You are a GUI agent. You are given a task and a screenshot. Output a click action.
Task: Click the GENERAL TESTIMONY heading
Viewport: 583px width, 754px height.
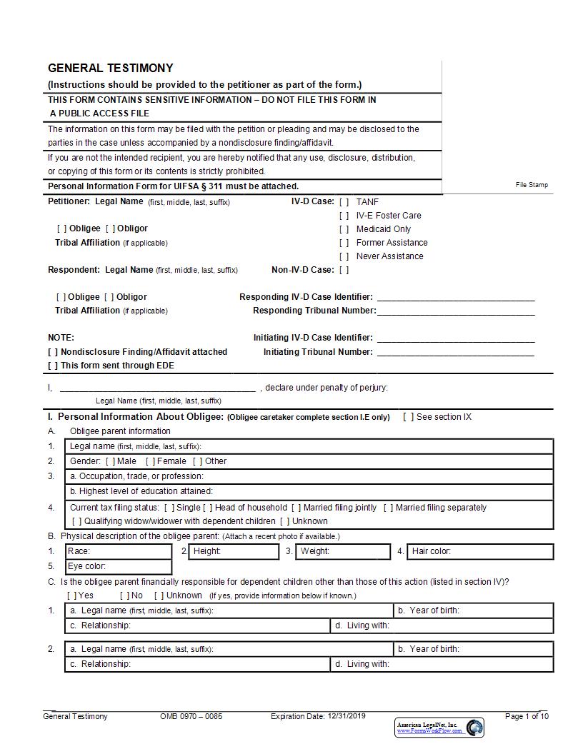click(x=110, y=69)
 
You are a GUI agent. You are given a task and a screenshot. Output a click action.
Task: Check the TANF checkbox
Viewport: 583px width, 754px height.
click(x=344, y=202)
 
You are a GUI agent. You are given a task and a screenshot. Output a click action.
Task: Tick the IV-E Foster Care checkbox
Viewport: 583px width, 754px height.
click(x=344, y=216)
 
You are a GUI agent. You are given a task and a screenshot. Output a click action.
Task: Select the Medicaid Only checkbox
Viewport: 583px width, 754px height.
click(x=344, y=229)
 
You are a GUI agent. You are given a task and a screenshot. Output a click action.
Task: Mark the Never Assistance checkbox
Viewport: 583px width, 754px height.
click(x=344, y=256)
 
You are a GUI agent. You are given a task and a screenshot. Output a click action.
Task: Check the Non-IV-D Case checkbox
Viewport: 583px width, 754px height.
click(x=344, y=270)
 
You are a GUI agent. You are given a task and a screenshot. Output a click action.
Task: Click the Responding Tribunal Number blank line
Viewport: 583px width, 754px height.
click(x=455, y=311)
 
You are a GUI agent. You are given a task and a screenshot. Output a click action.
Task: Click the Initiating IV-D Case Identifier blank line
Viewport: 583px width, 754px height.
click(x=455, y=338)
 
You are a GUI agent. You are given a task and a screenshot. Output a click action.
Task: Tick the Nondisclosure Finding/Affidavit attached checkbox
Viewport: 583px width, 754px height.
click(x=53, y=352)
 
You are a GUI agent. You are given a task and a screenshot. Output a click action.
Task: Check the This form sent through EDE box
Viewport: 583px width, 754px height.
click(x=53, y=366)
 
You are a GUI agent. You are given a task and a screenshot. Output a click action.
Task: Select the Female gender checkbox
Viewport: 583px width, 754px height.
click(x=150, y=461)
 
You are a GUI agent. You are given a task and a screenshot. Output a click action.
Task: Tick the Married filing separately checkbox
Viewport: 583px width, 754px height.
click(x=388, y=508)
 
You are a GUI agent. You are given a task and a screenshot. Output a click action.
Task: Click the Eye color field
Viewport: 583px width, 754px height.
click(x=118, y=567)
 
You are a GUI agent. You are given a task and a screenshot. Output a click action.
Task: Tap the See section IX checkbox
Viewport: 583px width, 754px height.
click(x=408, y=417)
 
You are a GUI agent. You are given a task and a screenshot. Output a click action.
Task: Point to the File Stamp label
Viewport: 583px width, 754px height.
click(x=532, y=185)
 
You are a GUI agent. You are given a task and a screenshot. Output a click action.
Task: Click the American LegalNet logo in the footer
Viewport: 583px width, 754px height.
click(x=439, y=728)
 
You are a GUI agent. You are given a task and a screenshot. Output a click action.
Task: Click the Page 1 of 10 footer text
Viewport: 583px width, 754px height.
click(x=527, y=716)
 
